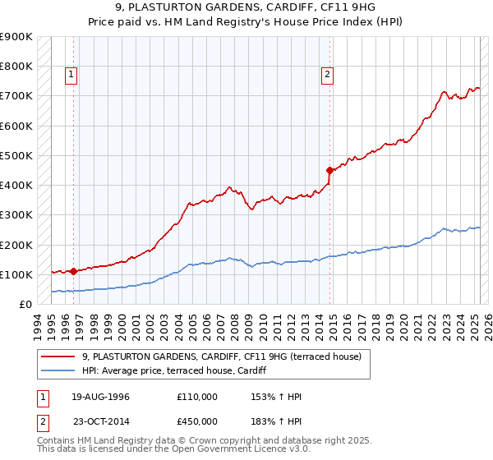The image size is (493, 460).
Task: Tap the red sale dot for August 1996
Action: pyautogui.click(x=73, y=270)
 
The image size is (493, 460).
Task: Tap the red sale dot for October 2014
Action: pyautogui.click(x=329, y=170)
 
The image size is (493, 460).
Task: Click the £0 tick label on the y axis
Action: pyautogui.click(x=25, y=304)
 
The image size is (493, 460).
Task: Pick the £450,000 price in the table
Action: pyautogui.click(x=196, y=421)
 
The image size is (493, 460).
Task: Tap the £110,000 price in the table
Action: pyautogui.click(x=196, y=397)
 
